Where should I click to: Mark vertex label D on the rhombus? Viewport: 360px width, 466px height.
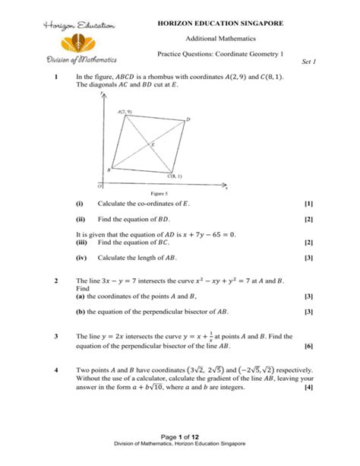pos(188,120)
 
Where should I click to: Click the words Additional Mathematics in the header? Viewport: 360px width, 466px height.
pos(220,39)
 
